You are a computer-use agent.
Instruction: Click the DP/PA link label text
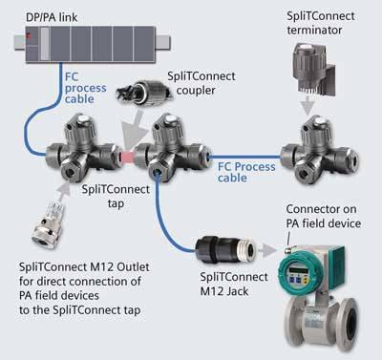point(52,17)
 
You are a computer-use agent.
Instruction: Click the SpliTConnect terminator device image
point(313,69)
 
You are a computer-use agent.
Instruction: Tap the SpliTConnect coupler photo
point(145,93)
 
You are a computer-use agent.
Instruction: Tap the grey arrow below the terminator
point(308,105)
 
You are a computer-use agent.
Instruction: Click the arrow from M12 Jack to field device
point(267,250)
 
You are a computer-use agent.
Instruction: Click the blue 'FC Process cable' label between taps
point(246,172)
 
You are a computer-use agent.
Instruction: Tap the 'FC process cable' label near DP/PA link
point(85,88)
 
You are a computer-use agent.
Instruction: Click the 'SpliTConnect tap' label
point(116,196)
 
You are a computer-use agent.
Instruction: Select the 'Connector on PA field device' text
point(324,216)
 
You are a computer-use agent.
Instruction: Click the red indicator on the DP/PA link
point(29,36)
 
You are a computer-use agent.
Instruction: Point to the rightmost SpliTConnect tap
point(319,150)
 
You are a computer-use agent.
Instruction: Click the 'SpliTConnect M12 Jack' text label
point(234,284)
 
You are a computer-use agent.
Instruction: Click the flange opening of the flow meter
point(351,324)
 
